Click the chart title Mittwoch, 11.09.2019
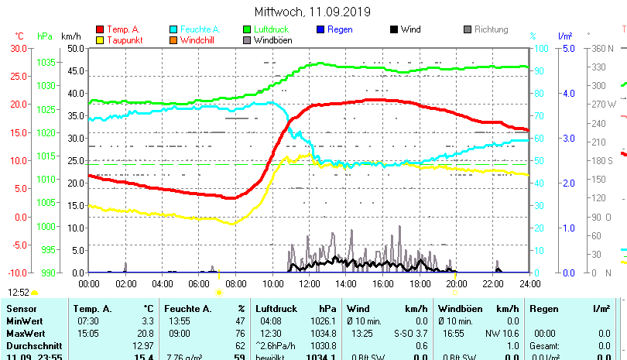pyautogui.click(x=313, y=12)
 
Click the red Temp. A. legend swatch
pyautogui.click(x=99, y=30)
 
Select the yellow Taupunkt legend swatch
pyautogui.click(x=99, y=40)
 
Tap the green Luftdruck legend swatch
pyautogui.click(x=248, y=30)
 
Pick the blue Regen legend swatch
pyautogui.click(x=321, y=30)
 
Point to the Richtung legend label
pyautogui.click(x=491, y=30)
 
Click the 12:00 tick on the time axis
pyautogui.click(x=310, y=285)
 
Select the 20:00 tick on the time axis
pyautogui.click(x=456, y=285)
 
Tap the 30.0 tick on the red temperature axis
pyautogui.click(x=18, y=48)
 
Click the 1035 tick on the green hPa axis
pyautogui.click(x=45, y=62)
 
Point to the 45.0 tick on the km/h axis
pyautogui.click(x=75, y=70)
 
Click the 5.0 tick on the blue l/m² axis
pyautogui.click(x=566, y=48)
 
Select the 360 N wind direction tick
pyautogui.click(x=601, y=48)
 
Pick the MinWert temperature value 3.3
pyautogui.click(x=148, y=321)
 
